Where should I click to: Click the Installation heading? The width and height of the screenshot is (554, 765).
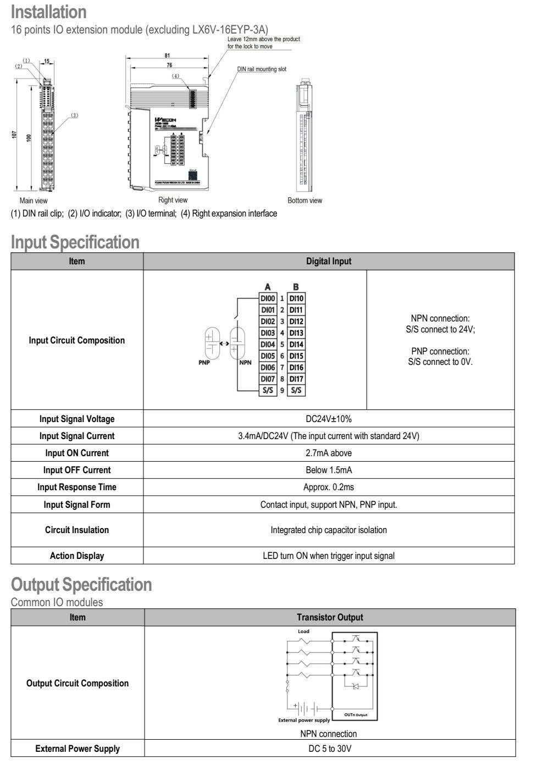pos(48,12)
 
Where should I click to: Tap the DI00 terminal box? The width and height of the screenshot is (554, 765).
pos(268,298)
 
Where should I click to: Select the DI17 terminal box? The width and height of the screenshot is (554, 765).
pos(296,379)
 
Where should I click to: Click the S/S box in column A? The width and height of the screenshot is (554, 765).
pos(268,390)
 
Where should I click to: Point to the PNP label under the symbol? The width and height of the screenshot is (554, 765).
pos(204,362)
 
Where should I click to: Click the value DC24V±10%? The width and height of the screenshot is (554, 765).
pos(329,419)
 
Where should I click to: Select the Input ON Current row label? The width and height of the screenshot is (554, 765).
pos(77,453)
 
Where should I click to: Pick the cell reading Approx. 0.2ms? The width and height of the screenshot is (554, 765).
pos(329,487)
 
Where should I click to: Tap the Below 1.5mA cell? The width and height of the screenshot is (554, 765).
pos(329,470)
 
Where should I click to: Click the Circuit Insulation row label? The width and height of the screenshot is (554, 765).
pos(77,530)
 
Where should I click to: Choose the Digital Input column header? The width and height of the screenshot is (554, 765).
pos(329,261)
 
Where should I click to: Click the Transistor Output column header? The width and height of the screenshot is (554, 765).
pos(330,617)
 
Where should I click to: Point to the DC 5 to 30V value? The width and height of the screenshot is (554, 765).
pos(330,749)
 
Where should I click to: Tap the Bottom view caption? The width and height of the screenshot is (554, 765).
pos(305,201)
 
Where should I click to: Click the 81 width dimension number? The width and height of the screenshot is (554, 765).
pos(167,56)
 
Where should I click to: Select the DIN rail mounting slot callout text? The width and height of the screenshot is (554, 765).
pos(262,69)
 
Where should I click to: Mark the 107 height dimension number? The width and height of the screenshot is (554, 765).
pos(14,135)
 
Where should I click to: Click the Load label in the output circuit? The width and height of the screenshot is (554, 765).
pos(303,631)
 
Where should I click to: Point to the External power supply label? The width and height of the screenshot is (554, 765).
pos(304,720)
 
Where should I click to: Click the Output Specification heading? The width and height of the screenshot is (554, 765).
pos(81,584)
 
